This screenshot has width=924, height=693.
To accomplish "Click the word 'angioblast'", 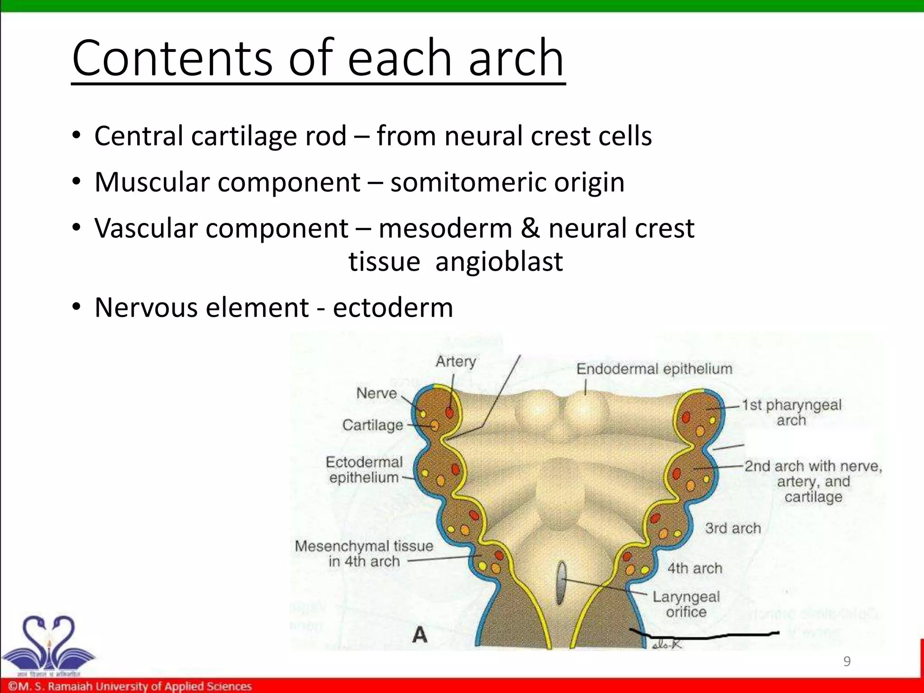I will pyautogui.click(x=499, y=261).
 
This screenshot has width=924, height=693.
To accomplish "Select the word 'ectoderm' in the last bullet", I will pyautogui.click(x=393, y=308).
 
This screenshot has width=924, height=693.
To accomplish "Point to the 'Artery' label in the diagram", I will pyautogui.click(x=456, y=361).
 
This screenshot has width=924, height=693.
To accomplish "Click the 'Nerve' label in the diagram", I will pyautogui.click(x=376, y=393).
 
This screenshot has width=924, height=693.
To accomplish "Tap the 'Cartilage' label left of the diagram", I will pyautogui.click(x=372, y=425).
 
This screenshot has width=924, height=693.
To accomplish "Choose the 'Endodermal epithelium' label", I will pyautogui.click(x=654, y=369).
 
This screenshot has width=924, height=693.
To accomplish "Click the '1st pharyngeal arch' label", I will pyautogui.click(x=792, y=412).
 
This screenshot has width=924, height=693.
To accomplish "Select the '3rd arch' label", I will pyautogui.click(x=733, y=528).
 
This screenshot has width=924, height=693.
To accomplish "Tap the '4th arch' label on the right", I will pyautogui.click(x=695, y=568).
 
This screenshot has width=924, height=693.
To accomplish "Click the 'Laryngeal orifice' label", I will pyautogui.click(x=686, y=604).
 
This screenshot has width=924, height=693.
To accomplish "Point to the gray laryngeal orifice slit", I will pyautogui.click(x=561, y=583).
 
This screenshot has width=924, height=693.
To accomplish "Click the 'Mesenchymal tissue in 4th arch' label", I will pyautogui.click(x=364, y=554).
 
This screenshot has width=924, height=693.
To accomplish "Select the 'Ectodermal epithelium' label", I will pyautogui.click(x=364, y=470).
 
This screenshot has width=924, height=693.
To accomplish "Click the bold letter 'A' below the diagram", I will pyautogui.click(x=420, y=635).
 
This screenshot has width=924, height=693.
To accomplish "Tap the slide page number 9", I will pyautogui.click(x=847, y=661).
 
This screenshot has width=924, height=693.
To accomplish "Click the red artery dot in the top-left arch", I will pyautogui.click(x=449, y=412).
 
